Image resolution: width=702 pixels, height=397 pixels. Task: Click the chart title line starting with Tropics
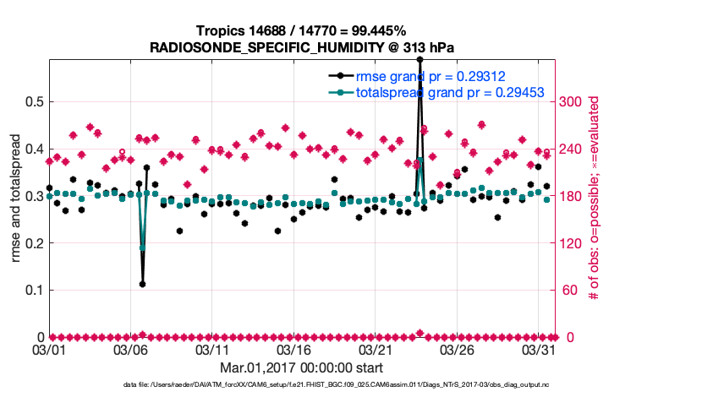pos(301,31)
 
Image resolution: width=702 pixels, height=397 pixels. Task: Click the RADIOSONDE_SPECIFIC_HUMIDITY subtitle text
pos(302,47)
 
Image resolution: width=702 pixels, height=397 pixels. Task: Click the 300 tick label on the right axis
pos(573,101)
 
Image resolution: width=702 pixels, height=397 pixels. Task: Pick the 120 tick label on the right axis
pos(573,243)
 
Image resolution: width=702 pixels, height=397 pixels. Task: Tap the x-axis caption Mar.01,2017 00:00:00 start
pos(301,367)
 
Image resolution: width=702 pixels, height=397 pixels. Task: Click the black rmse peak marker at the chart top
pos(420,59)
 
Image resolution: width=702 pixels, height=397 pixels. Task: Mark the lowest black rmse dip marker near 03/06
pos(142,284)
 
